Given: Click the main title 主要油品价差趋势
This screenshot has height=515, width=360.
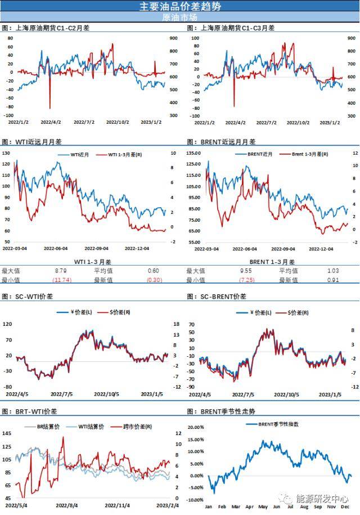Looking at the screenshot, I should pyautogui.click(x=180, y=6).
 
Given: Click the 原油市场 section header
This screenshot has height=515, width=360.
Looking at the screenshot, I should pyautogui.click(x=180, y=17).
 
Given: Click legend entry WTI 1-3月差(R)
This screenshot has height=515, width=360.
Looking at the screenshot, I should pyautogui.click(x=112, y=154).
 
